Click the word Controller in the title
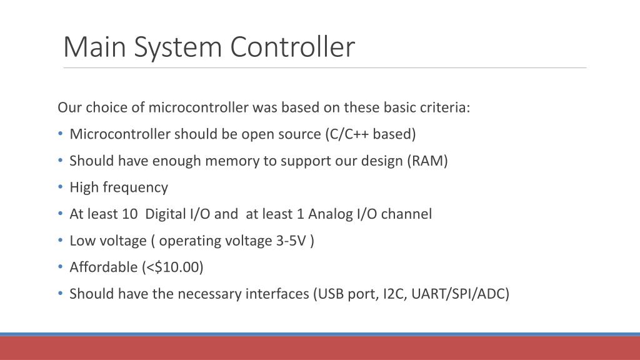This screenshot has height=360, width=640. pyautogui.click(x=292, y=47)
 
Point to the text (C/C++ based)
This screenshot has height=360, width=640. pyautogui.click(x=370, y=134)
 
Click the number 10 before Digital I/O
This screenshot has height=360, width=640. pyautogui.click(x=130, y=214)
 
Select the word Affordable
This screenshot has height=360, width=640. pyautogui.click(x=103, y=267)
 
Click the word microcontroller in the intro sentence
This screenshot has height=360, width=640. pyautogui.click(x=198, y=107)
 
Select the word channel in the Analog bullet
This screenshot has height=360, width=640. pyautogui.click(x=406, y=214)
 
